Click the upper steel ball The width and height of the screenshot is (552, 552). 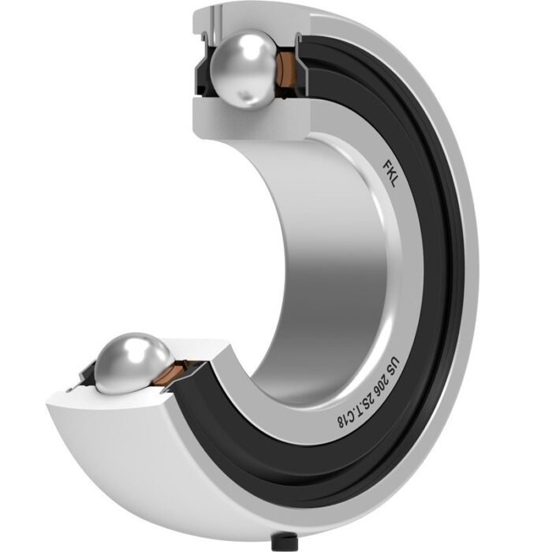tap(246, 69)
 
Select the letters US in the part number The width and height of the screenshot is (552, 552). tap(389, 364)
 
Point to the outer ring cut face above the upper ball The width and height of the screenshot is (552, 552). tap(237, 17)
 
